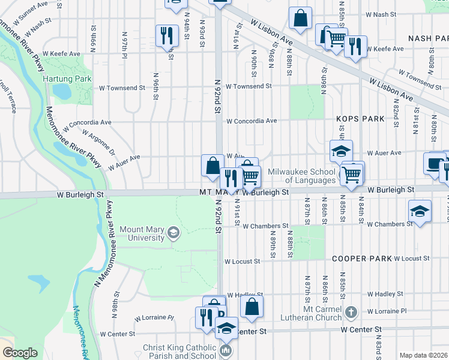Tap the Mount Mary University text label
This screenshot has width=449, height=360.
(x=142, y=233)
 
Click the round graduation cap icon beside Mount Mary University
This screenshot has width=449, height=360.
(x=173, y=233)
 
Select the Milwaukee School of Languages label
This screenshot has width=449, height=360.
(x=301, y=176)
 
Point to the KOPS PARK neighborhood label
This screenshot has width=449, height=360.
(x=360, y=119)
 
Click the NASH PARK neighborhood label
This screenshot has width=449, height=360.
(x=428, y=38)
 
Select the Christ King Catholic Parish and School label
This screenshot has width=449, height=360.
(x=178, y=352)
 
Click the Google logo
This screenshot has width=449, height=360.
(x=20, y=353)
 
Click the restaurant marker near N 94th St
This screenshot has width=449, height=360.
(x=166, y=35)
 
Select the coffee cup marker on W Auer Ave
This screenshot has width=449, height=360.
(x=434, y=164)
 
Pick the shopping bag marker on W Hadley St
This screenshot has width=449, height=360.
(x=252, y=307)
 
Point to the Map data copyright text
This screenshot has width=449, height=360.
(x=424, y=355)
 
